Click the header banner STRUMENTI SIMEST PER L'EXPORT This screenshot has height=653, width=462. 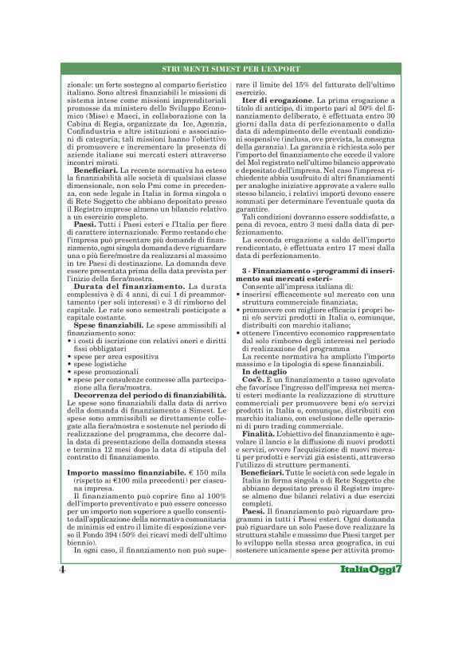click(x=231, y=70)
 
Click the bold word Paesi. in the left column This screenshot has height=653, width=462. click(x=79, y=224)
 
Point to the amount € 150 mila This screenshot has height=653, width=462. click(x=211, y=472)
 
